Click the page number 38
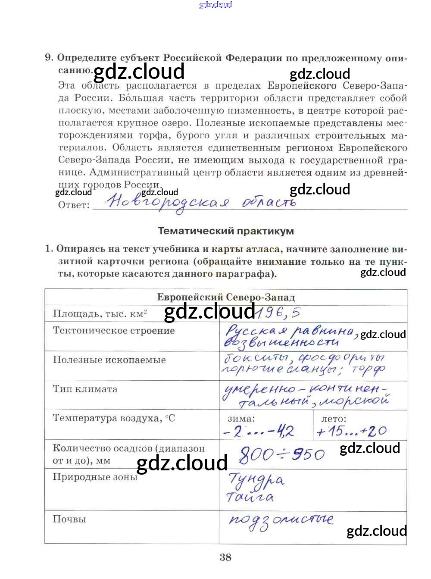[225, 557]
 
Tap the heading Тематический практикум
[226, 231]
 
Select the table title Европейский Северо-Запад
[226, 297]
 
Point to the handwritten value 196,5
[278, 312]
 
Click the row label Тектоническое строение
[114, 331]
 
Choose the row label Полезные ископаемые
[109, 360]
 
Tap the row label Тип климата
[85, 389]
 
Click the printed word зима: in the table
[241, 418]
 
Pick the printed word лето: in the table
[334, 418]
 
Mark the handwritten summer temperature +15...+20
[352, 431]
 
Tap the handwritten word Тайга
[250, 497]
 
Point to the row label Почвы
[69, 519]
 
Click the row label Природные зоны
[95, 477]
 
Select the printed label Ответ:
[74, 205]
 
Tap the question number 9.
[49, 57]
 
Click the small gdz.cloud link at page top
[215, 5]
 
